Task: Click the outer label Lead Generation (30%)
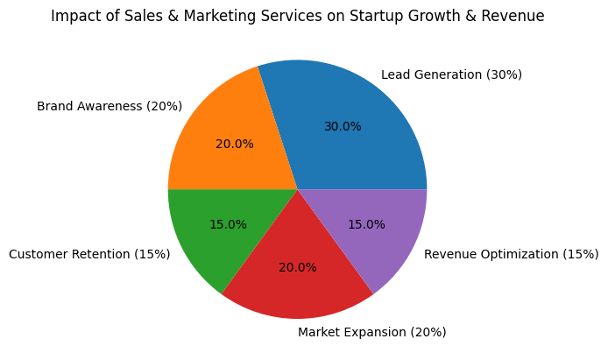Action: pyautogui.click(x=451, y=75)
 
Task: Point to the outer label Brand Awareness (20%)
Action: pyautogui.click(x=110, y=107)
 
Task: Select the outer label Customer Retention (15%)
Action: pyautogui.click(x=89, y=255)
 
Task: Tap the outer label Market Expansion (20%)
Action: pyautogui.click(x=372, y=333)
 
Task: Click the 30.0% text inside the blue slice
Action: pyautogui.click(x=343, y=127)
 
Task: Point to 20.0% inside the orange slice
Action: pyautogui.click(x=235, y=145)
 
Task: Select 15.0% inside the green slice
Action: pyautogui.click(x=228, y=225)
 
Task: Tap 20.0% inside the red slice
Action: pyautogui.click(x=298, y=268)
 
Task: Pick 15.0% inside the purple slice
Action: pyautogui.click(x=366, y=225)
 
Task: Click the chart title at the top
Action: pyautogui.click(x=298, y=16)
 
